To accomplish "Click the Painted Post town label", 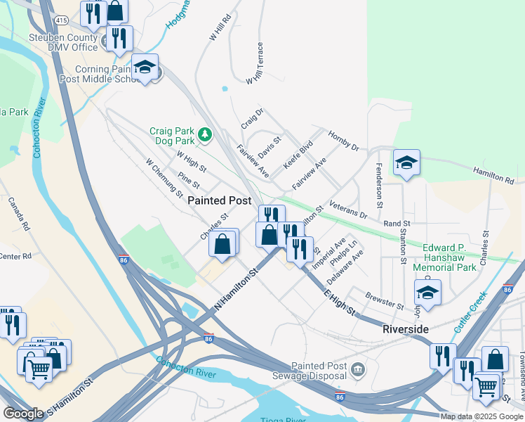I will point(220,200).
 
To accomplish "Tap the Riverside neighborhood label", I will point(405,329).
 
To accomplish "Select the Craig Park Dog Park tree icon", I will point(205,133).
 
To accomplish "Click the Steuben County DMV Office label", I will point(62,42).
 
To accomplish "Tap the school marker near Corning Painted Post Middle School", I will point(145,68).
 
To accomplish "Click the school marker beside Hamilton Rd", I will point(406,163).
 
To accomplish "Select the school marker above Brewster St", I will point(427,292).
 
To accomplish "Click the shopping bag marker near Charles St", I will point(222,244).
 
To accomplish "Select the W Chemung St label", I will point(164,177).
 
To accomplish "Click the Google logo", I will point(24,414).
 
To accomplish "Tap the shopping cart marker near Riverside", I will point(485,385).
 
